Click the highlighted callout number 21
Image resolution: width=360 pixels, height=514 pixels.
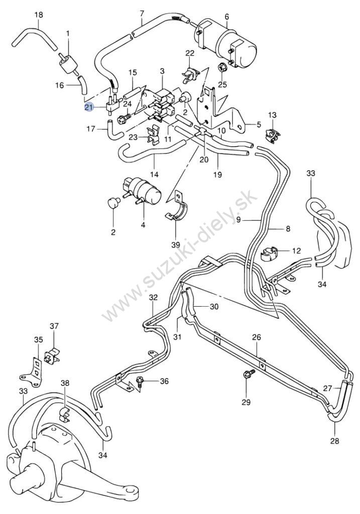click(89, 107)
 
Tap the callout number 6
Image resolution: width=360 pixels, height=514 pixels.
click(226, 17)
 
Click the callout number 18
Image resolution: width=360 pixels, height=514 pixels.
click(39, 16)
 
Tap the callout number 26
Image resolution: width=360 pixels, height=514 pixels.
click(257, 337)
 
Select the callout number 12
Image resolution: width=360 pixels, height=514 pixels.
click(297, 250)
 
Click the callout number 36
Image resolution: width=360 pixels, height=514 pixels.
click(164, 382)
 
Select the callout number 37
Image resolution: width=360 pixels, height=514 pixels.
click(54, 327)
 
